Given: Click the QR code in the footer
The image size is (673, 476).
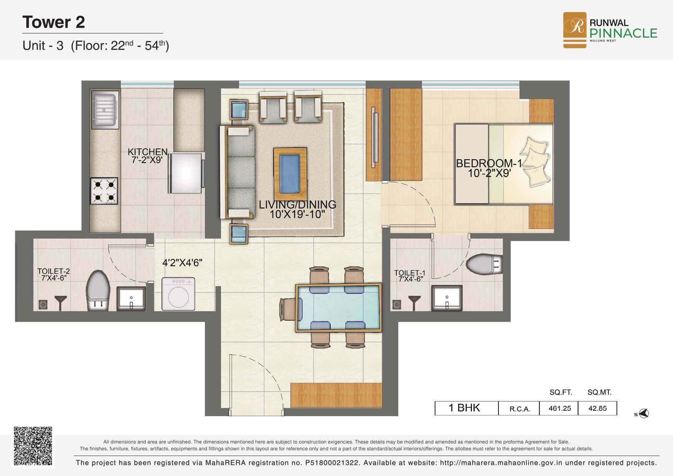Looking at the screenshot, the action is coord(33,446).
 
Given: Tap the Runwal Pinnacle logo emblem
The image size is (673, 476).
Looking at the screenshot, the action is coord(574,30).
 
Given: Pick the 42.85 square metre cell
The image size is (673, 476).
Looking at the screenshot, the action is coord(597,408).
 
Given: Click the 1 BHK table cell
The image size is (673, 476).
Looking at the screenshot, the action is coord(466,408).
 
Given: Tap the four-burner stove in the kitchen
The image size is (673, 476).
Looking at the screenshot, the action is coord(104,191).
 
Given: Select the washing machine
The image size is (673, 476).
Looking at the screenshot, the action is coord(178,294).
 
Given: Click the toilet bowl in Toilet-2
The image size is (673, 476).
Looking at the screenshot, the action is coord(97,290).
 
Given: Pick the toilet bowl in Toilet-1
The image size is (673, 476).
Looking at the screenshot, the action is coord(484,264).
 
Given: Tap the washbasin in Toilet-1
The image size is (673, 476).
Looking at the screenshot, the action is coord(447,298).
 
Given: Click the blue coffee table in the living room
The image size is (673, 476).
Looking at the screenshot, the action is coord(290,174).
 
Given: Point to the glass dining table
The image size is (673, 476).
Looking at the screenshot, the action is coord(338,308).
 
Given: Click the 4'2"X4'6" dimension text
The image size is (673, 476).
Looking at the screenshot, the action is coord(182,263).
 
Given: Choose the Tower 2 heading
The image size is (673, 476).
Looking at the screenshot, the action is coord(54,22).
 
